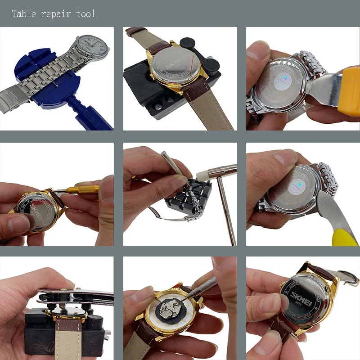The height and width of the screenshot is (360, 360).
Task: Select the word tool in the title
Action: [x=86, y=13]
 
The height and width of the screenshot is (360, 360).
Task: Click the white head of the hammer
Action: [x=199, y=173]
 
